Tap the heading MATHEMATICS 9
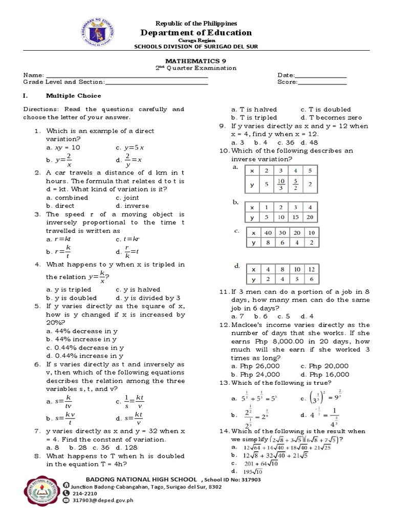coord(196,60)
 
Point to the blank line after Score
coord(322,82)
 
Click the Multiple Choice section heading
coord(74,96)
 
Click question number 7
coord(37,431)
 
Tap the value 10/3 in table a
coord(280,185)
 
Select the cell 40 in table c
coord(268,232)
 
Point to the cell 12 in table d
coord(311,269)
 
